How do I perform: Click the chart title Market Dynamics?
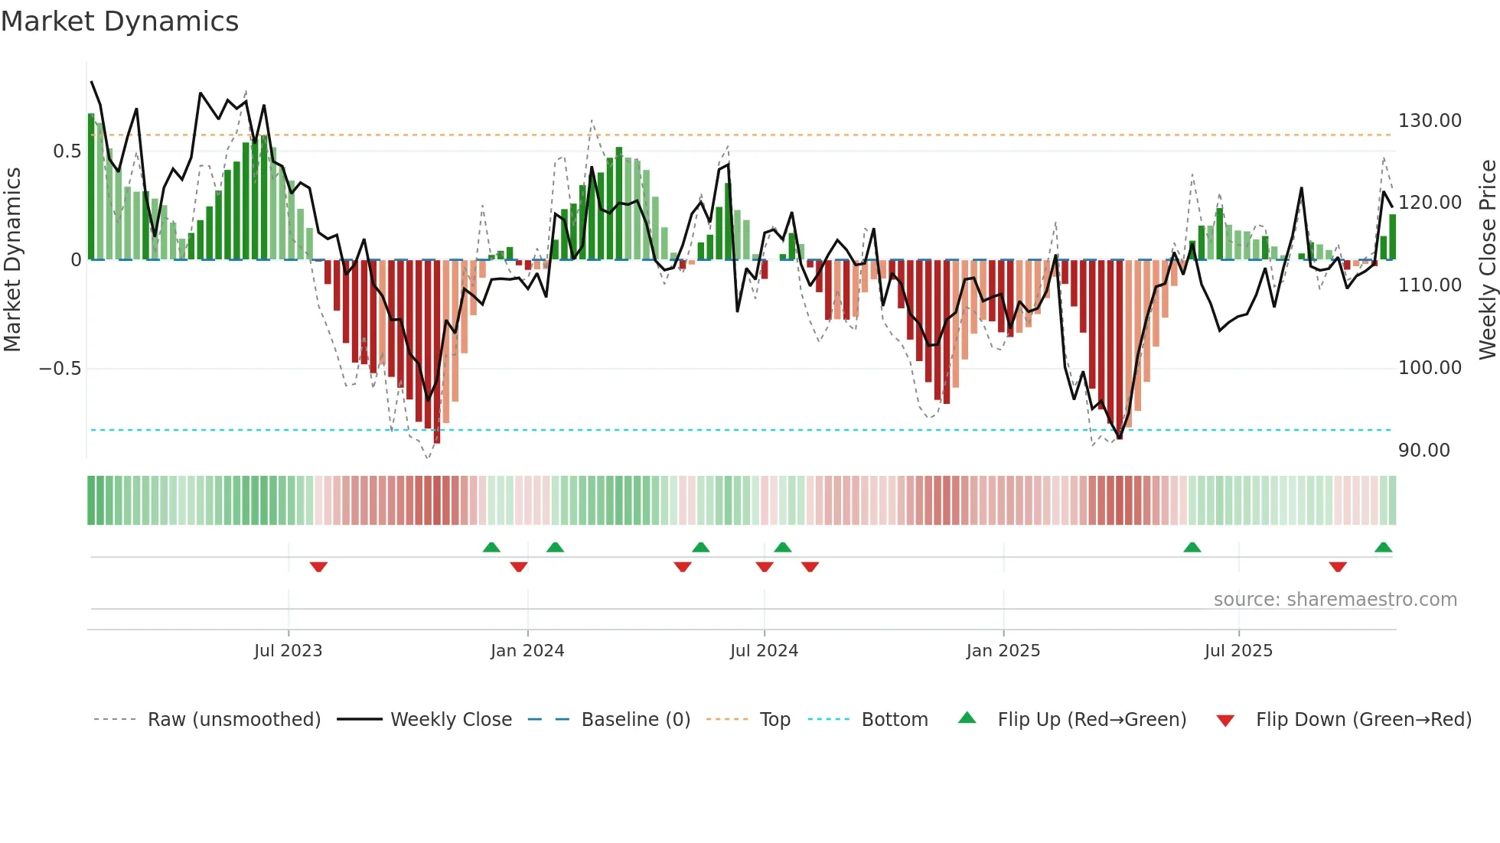119,21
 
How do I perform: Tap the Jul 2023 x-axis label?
288,651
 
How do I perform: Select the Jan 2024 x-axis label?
527,651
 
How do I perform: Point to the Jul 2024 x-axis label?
764,651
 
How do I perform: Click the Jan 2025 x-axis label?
1003,651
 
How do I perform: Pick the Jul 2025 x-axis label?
1238,651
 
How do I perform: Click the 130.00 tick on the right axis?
1430,121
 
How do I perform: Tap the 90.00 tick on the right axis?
1423,451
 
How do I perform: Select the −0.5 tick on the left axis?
60,369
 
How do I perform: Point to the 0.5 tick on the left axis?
67,151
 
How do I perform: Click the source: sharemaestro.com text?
1335,600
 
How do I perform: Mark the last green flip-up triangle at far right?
1383,548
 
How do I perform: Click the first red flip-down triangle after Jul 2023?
318,567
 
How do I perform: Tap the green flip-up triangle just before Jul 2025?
1192,548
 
